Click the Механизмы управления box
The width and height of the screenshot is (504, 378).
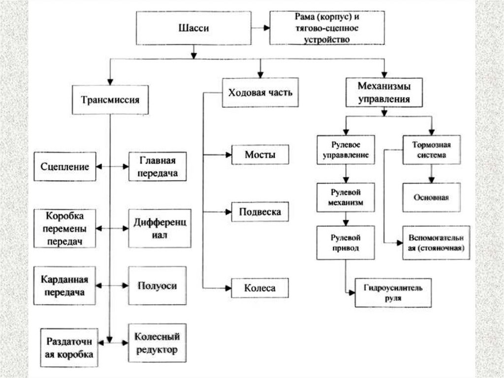(x=384, y=92)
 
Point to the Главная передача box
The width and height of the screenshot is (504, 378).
(x=158, y=167)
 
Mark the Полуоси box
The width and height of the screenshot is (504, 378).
(x=157, y=286)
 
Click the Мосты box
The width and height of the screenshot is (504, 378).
(x=259, y=155)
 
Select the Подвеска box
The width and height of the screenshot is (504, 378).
(x=260, y=212)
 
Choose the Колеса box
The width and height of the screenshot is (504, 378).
(x=259, y=288)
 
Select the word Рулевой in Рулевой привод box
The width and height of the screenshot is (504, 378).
(x=345, y=237)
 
